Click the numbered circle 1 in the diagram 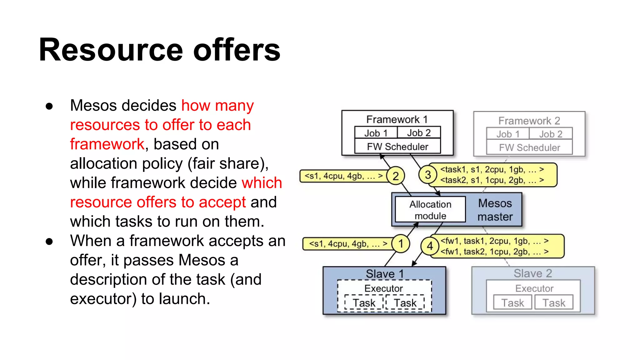[401, 243]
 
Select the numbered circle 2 [396, 176]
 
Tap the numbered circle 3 [428, 175]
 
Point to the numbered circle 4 [430, 246]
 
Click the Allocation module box [430, 210]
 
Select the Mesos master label [495, 210]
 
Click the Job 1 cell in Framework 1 [376, 133]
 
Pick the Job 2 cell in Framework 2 [551, 134]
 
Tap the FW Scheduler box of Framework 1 [397, 147]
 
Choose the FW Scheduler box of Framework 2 [529, 147]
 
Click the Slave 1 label [385, 274]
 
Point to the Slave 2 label [533, 273]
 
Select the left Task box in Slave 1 [364, 303]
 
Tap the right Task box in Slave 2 [554, 303]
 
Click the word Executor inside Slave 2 [534, 288]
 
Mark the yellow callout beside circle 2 [343, 176]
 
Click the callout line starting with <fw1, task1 [494, 241]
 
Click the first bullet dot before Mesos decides [49, 106]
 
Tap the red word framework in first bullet [107, 144]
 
